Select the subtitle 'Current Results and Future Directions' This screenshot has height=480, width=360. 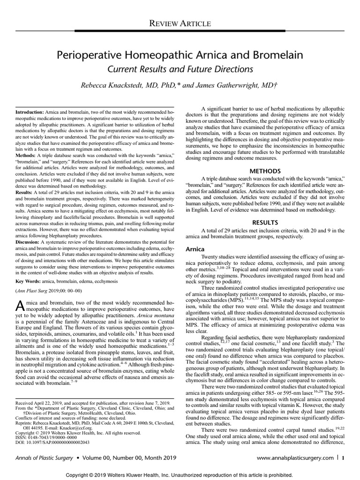point(180,69)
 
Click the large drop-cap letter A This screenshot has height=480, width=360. point(21,306)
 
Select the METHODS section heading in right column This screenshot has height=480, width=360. point(265,171)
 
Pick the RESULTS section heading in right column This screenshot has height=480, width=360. point(265,221)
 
